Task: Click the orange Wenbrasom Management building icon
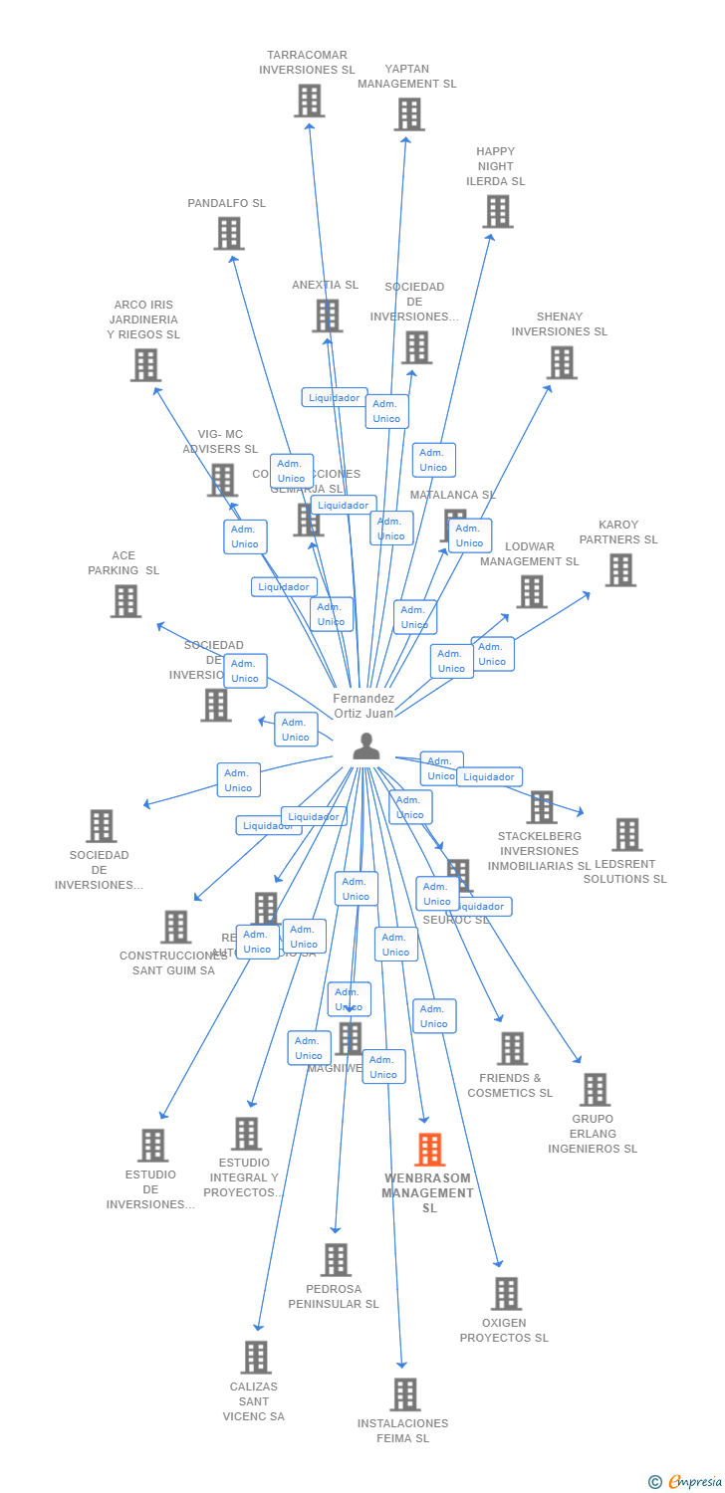coord(429,1150)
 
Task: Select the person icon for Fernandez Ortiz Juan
coord(366,746)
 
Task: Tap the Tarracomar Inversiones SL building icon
coord(309,101)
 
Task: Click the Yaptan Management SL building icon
coord(408,114)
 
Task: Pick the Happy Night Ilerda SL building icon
coord(497,211)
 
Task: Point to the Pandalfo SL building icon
coord(228,234)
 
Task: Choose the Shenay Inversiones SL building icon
coord(562,363)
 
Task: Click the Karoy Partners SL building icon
coord(620,570)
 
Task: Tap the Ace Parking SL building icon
coord(125,601)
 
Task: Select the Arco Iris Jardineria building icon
coord(145,365)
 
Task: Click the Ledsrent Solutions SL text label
coord(624,872)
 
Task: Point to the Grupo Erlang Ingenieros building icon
coord(595,1090)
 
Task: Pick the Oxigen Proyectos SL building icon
coord(506,1294)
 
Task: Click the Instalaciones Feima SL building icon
coord(404,1394)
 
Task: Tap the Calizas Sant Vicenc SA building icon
coord(256,1358)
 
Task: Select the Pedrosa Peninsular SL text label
coord(334,1297)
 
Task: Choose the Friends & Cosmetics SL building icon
coord(512,1048)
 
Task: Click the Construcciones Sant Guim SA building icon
coord(175,927)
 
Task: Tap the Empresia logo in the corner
coord(686,1482)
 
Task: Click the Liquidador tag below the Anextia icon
coord(335,398)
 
